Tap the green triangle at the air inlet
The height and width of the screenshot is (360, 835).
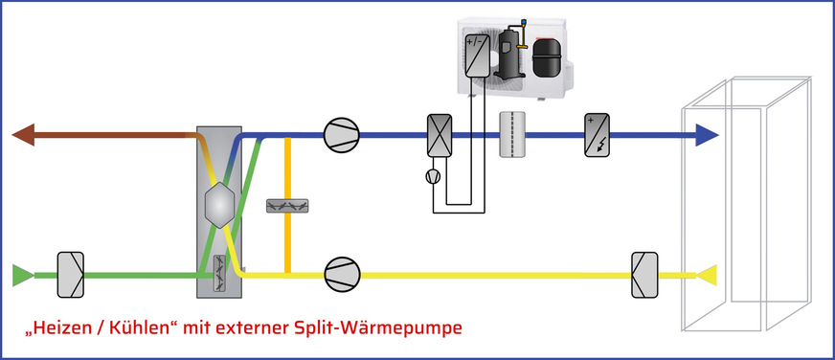tap(21, 276)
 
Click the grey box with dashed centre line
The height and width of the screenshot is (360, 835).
tap(514, 135)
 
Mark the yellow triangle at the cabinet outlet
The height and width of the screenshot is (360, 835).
tap(708, 277)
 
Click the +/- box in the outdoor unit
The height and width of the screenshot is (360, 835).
tap(477, 57)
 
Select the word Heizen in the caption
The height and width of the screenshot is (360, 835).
tap(57, 328)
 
